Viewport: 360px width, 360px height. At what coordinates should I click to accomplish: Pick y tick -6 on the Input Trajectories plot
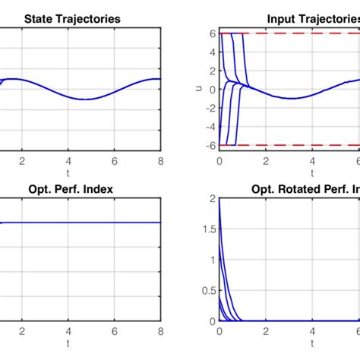click(x=212, y=144)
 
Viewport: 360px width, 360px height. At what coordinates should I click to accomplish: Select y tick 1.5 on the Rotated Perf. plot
click(x=210, y=228)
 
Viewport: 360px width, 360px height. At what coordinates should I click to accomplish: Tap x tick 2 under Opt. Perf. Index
click(x=22, y=330)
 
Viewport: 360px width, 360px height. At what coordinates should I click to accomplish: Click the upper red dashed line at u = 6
click(x=304, y=33)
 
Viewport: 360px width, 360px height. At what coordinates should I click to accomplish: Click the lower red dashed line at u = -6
click(x=304, y=144)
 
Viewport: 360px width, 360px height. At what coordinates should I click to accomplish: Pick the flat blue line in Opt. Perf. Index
click(x=91, y=223)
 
